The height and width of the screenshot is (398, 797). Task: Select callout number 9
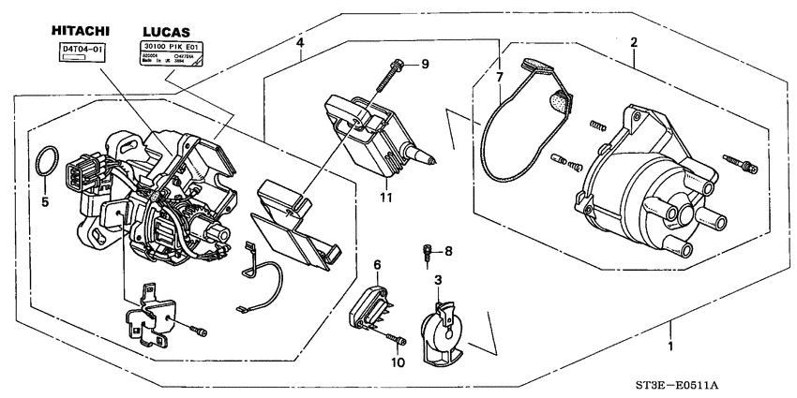424,63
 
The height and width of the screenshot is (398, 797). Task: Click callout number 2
634,43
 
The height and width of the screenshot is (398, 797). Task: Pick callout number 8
448,251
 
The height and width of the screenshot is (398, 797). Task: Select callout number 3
437,280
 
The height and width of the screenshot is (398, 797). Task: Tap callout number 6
377,266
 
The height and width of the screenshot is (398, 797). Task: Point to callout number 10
397,361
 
